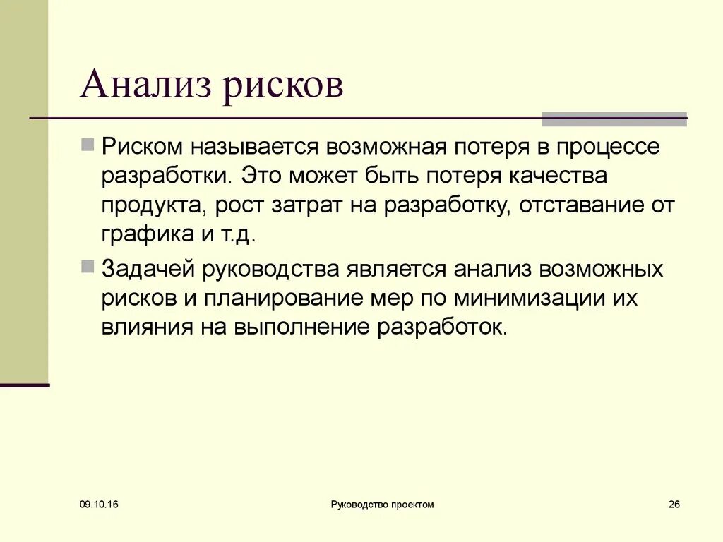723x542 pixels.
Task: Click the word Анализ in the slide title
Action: coord(146,85)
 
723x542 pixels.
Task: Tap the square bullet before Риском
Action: coord(88,146)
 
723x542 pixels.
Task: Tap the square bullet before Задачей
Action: coord(88,267)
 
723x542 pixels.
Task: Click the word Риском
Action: coord(142,147)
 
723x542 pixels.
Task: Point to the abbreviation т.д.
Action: coord(234,235)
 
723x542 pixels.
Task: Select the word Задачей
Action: coord(150,269)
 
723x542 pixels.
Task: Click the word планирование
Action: coord(282,299)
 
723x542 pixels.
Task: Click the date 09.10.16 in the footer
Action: coord(99,505)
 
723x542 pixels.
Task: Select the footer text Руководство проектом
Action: coord(382,505)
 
